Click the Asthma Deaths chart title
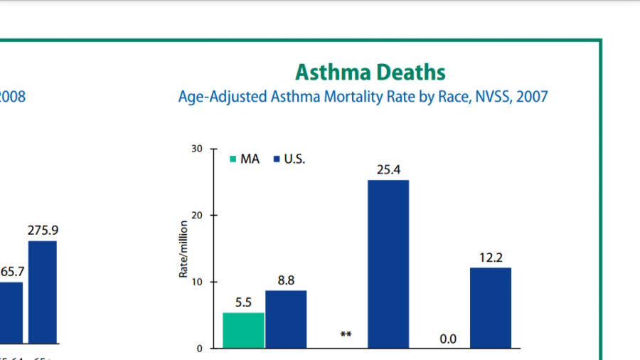pyautogui.click(x=370, y=72)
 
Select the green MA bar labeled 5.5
pyautogui.click(x=243, y=330)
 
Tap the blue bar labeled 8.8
pyautogui.click(x=286, y=319)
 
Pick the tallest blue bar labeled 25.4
pyautogui.click(x=388, y=264)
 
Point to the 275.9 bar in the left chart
pyautogui.click(x=43, y=292)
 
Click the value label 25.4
pyautogui.click(x=388, y=171)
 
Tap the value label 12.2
pyautogui.click(x=490, y=258)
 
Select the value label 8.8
pyautogui.click(x=286, y=281)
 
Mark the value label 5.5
pyautogui.click(x=243, y=302)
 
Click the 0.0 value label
pyautogui.click(x=448, y=339)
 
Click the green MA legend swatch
pyautogui.click(x=232, y=159)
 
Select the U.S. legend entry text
pyautogui.click(x=294, y=159)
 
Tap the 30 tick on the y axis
pyautogui.click(x=196, y=149)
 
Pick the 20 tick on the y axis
pyautogui.click(x=196, y=215)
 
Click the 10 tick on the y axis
pyautogui.click(x=196, y=282)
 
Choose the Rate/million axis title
pyautogui.click(x=183, y=248)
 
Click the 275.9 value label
pyautogui.click(x=43, y=231)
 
